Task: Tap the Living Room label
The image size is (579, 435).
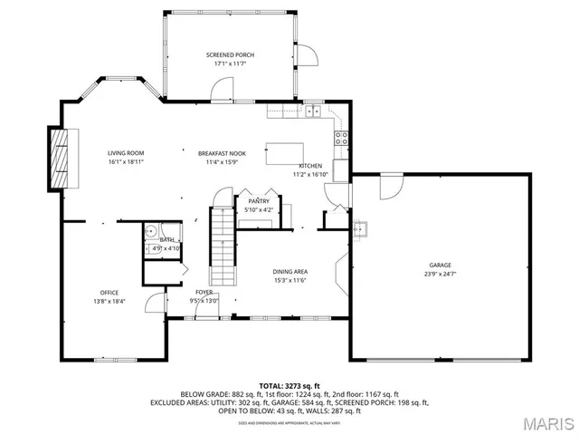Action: [127, 153]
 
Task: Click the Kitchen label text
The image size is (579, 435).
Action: [311, 166]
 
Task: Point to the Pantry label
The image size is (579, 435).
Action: [259, 201]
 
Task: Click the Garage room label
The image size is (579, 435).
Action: [441, 266]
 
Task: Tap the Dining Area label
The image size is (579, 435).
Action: [291, 272]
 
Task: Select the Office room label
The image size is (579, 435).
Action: [109, 292]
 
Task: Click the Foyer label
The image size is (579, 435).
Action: [204, 292]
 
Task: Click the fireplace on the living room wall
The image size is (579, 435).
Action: [60, 159]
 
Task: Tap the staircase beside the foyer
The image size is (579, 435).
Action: [222, 245]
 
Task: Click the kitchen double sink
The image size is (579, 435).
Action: [313, 111]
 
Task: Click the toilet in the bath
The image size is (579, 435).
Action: [151, 232]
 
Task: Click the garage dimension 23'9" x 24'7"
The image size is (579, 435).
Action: [441, 274]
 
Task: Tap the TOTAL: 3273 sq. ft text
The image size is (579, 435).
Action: [289, 385]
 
